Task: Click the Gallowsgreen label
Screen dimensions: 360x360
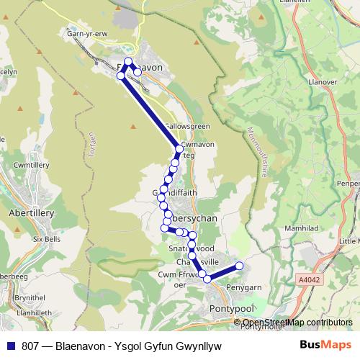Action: click(186, 126)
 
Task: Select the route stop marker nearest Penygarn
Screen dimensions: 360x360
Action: click(239, 266)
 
